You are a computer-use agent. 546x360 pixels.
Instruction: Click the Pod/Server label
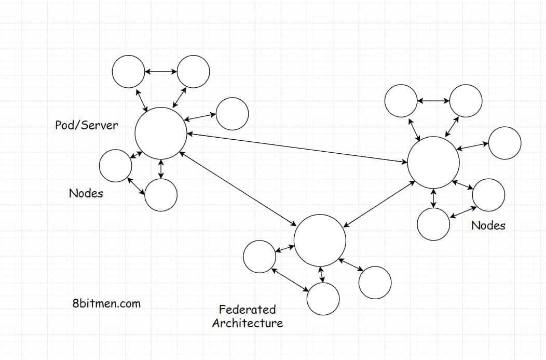[87, 125]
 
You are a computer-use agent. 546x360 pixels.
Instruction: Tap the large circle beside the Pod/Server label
[161, 133]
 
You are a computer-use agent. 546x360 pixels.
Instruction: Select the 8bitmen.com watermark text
[106, 303]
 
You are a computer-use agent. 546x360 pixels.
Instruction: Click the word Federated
[247, 310]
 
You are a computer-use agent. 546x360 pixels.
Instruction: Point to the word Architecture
[248, 323]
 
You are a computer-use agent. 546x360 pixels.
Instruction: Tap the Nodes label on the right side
[488, 225]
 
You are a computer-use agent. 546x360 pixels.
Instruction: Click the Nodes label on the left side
[86, 193]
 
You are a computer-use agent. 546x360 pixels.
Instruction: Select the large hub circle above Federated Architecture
[320, 240]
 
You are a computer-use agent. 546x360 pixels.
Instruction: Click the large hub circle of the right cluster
[433, 163]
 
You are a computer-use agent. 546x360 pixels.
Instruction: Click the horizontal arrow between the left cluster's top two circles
[161, 71]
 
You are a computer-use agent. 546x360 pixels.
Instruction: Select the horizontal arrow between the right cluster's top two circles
[433, 101]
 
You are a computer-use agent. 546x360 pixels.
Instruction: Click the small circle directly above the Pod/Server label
[129, 71]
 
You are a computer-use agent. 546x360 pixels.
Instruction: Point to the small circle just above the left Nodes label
[115, 166]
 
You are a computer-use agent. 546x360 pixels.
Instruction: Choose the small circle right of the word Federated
[323, 299]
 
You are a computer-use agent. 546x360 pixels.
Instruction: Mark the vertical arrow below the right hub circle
[433, 198]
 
